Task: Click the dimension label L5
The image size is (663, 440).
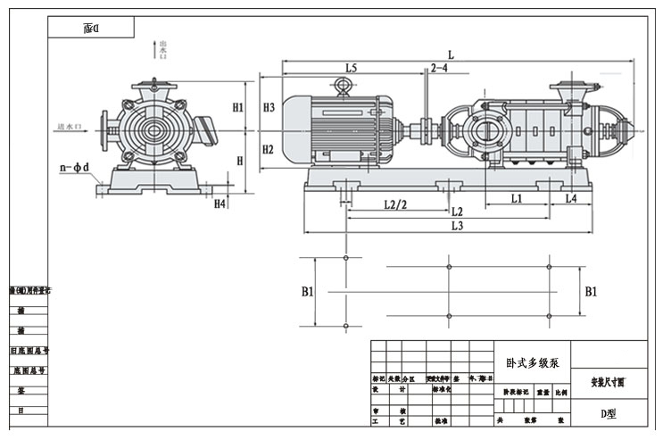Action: click(351, 68)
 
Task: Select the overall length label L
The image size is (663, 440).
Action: click(452, 54)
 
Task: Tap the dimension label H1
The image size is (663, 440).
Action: click(238, 108)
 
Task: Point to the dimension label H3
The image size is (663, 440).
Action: click(269, 108)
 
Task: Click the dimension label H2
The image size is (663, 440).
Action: click(269, 149)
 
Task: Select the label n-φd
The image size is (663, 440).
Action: click(75, 168)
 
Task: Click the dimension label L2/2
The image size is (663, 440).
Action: click(395, 204)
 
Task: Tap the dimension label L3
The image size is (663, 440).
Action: click(457, 227)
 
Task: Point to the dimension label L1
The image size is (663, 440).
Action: click(517, 198)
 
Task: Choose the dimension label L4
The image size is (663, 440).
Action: click(570, 198)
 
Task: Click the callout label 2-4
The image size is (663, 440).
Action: click(439, 68)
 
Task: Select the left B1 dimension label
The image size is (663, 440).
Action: click(307, 292)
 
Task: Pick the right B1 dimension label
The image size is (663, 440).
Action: click(591, 292)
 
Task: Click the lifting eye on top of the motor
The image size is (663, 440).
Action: click(342, 86)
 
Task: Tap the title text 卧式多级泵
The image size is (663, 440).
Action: click(532, 363)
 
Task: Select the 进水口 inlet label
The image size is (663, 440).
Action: click(70, 127)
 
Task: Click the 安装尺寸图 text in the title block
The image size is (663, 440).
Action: click(609, 382)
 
